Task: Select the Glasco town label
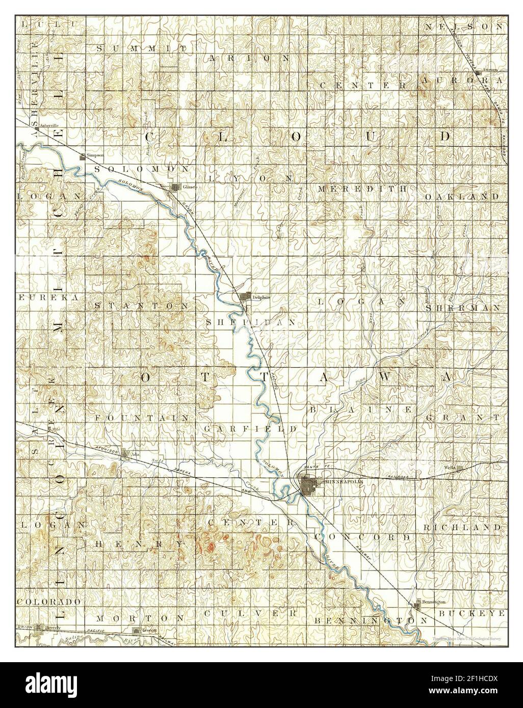point(190,187)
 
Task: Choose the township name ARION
point(250,58)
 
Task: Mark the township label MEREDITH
point(362,188)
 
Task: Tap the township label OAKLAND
point(462,196)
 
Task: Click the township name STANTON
point(142,306)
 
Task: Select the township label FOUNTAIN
point(142,417)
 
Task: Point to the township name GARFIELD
point(250,429)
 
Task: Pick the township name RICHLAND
point(462,527)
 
